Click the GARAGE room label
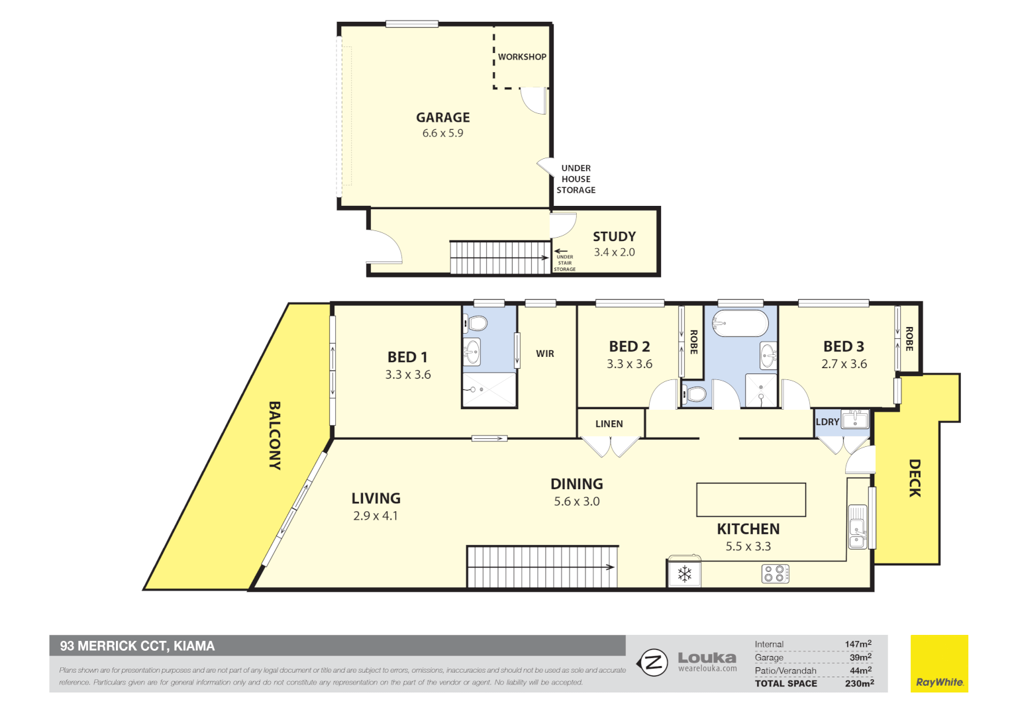pyautogui.click(x=442, y=117)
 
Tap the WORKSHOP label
pyautogui.click(x=522, y=57)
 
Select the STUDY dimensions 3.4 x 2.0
pyautogui.click(x=614, y=252)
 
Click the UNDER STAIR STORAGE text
pyautogui.click(x=564, y=263)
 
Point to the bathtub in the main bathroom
pyautogui.click(x=740, y=324)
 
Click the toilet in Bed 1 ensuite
pyautogui.click(x=476, y=324)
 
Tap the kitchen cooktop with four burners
pyautogui.click(x=775, y=573)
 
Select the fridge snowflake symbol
pyautogui.click(x=684, y=574)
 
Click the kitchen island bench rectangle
pyautogui.click(x=750, y=499)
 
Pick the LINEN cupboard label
pyautogui.click(x=609, y=424)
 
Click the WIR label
pyautogui.click(x=545, y=354)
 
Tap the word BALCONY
pyautogui.click(x=275, y=435)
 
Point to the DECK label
pyautogui.click(x=915, y=477)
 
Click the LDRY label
pyautogui.click(x=827, y=422)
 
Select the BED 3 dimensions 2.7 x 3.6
pyautogui.click(x=844, y=364)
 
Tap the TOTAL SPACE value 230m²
pyautogui.click(x=859, y=683)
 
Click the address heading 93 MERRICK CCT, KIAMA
pyautogui.click(x=137, y=645)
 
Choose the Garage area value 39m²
pyautogui.click(x=860, y=657)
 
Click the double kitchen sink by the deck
pyautogui.click(x=857, y=527)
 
